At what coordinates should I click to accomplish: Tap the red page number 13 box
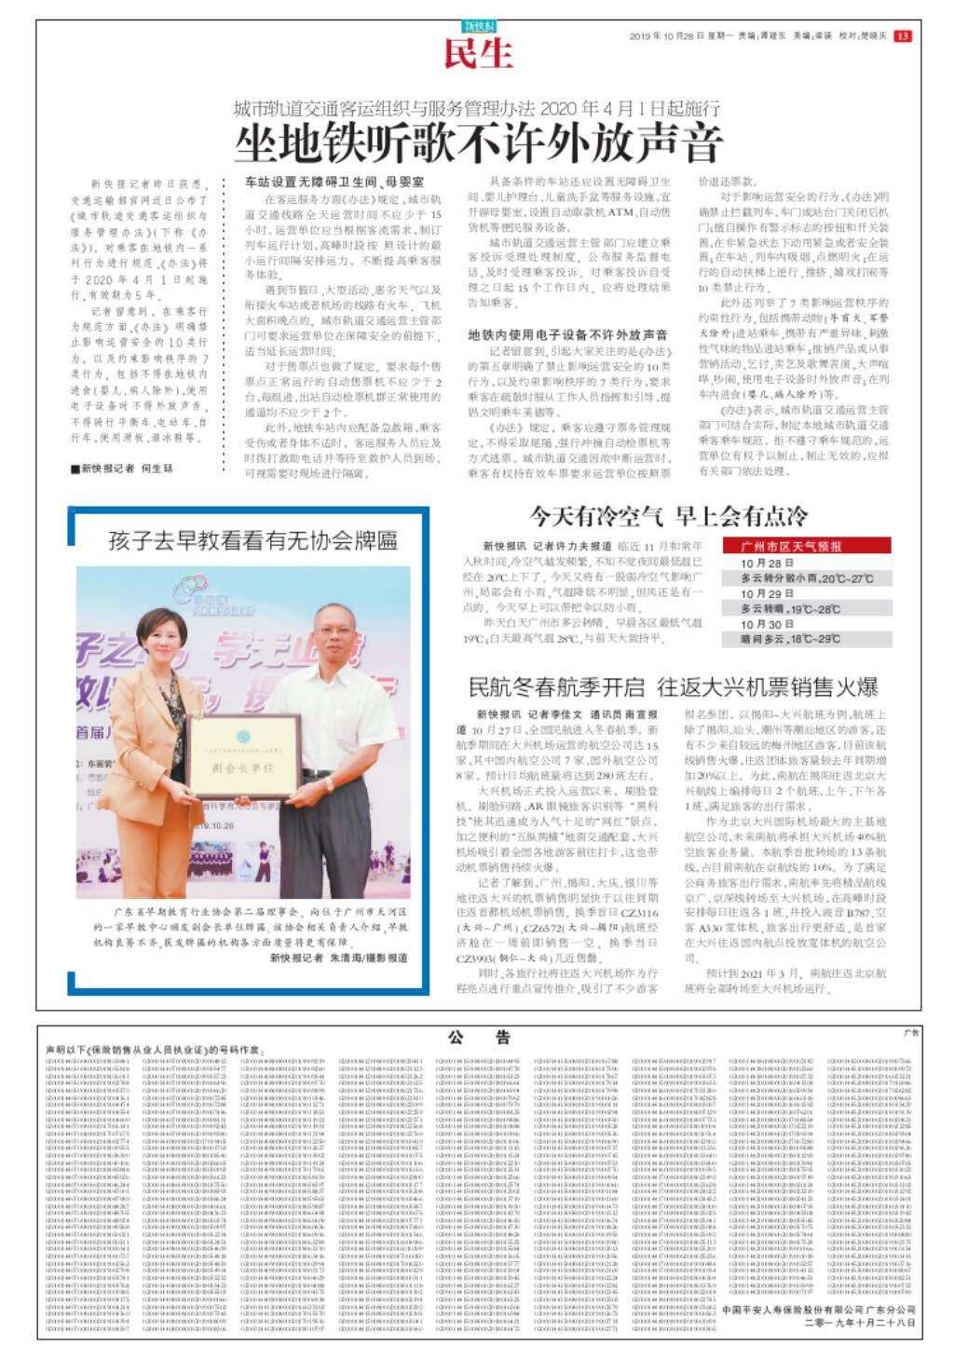point(902,36)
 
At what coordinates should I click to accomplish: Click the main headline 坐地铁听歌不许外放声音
point(478,143)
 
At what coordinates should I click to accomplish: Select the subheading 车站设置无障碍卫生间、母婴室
point(334,183)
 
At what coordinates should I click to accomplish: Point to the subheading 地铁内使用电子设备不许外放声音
point(567,334)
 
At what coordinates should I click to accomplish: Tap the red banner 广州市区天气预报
point(791,547)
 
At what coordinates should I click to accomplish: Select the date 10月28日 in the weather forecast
point(767,564)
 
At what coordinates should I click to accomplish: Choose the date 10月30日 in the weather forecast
point(767,624)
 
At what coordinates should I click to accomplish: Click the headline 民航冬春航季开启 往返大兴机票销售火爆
point(673,688)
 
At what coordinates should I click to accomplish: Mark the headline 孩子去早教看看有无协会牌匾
point(252,539)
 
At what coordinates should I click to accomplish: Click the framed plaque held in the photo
point(243,757)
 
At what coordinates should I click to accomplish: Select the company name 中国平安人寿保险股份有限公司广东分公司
point(818,1309)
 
